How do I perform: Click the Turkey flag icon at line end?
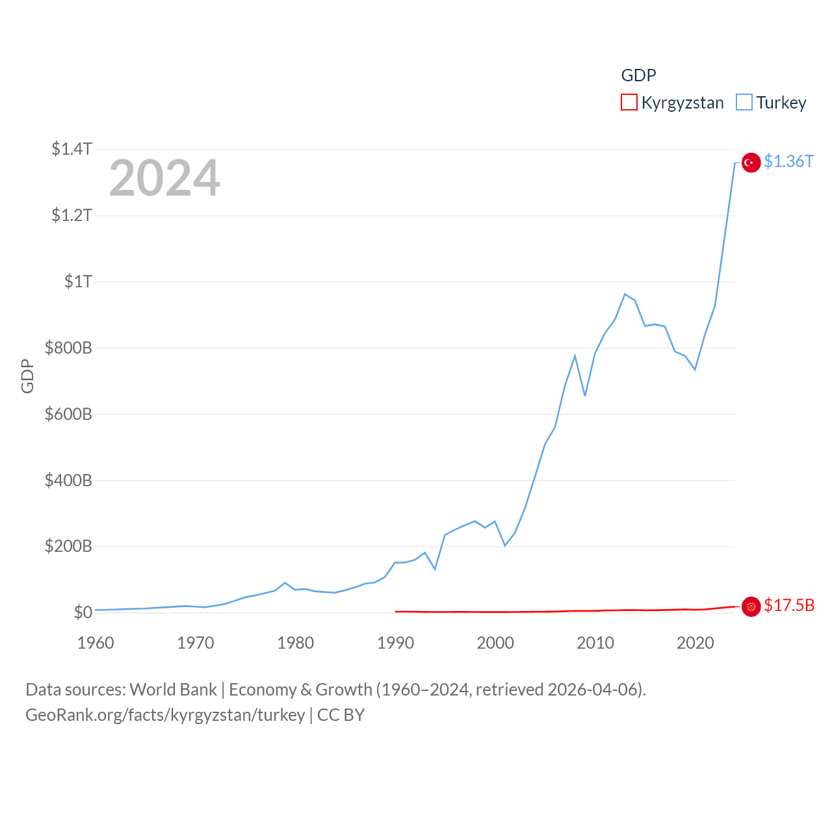(751, 162)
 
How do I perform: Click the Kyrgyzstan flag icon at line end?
(751, 606)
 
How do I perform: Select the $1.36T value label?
(788, 161)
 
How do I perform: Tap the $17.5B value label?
(789, 605)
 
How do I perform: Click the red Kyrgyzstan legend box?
(629, 103)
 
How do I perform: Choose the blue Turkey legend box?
(744, 103)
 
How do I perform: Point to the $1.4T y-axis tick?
(71, 149)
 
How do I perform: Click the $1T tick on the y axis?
(78, 281)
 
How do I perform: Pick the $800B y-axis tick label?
(68, 348)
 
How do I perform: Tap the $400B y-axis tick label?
(68, 480)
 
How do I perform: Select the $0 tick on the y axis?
(83, 612)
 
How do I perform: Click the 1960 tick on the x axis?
(96, 643)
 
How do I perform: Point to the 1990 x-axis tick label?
(395, 643)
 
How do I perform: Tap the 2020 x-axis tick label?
(695, 643)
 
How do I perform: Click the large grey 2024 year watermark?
(164, 178)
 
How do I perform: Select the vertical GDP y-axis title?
(27, 376)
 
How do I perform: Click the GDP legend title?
(638, 75)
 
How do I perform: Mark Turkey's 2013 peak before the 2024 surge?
(625, 294)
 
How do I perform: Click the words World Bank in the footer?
(173, 689)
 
